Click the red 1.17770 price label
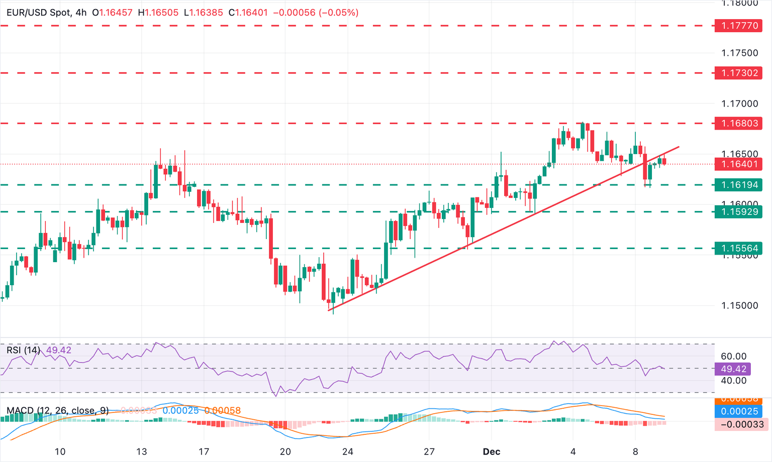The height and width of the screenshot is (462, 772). tap(739, 26)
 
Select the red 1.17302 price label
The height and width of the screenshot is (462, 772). tap(739, 73)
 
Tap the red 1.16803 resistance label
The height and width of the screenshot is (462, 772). tap(739, 123)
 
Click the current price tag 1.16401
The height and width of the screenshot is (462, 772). tap(739, 164)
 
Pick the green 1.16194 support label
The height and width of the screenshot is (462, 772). tap(739, 185)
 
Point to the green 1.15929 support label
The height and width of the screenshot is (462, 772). tap(739, 211)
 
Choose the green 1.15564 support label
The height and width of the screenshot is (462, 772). tap(739, 248)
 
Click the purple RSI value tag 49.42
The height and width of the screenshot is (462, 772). tap(733, 369)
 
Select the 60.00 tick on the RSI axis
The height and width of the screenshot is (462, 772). tap(733, 357)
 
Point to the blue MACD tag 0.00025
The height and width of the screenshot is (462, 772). tap(739, 411)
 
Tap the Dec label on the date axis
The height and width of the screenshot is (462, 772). tap(491, 451)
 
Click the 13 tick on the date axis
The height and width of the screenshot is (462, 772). tap(142, 451)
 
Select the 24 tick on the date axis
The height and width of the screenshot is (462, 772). tap(347, 451)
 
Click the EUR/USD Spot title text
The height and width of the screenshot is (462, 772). tap(38, 13)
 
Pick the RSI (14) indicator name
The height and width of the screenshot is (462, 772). tap(23, 350)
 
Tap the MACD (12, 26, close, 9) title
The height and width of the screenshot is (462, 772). tap(57, 411)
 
